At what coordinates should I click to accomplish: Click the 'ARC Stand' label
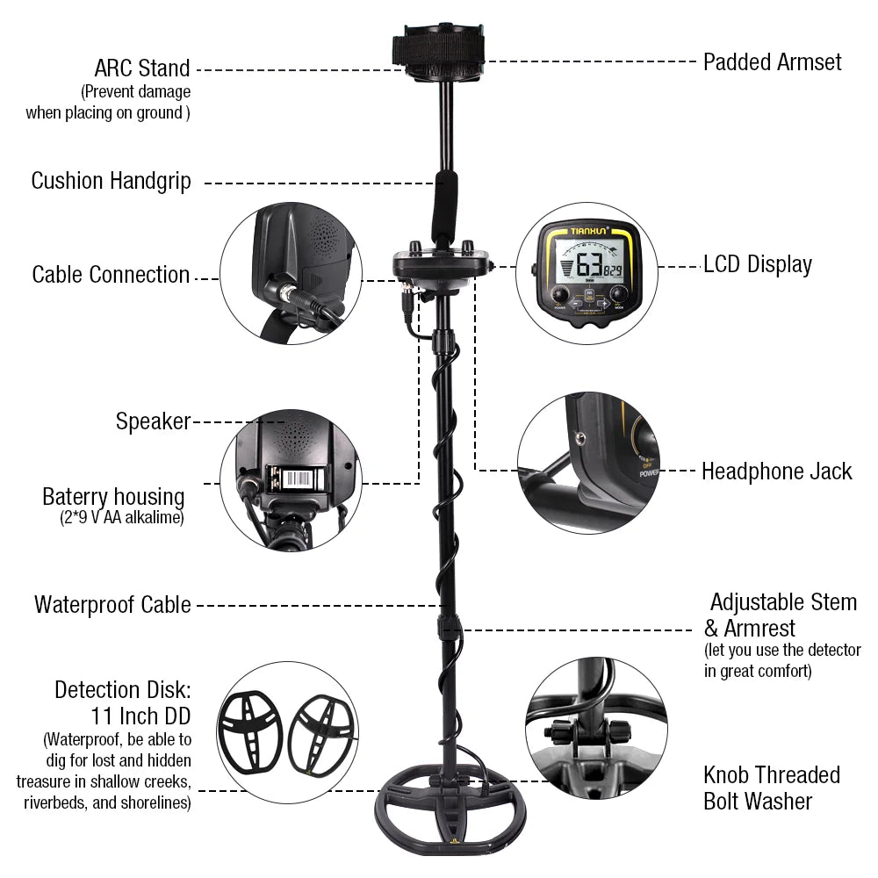coord(142,68)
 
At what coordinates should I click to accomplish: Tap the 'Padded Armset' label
coord(772,62)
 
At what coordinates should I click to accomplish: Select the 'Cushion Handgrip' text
coord(111,182)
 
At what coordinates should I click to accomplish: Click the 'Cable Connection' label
coord(111,275)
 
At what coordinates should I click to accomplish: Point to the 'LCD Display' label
coord(758,265)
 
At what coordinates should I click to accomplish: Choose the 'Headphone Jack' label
coord(776,471)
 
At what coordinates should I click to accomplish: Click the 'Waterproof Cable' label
coord(112,605)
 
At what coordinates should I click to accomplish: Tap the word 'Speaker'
coord(153,421)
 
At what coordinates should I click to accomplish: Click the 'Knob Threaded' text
coord(771,775)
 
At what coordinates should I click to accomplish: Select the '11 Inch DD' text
coord(140,716)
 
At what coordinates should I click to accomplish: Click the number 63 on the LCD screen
coord(588,265)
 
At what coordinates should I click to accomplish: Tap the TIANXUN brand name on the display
coord(590,233)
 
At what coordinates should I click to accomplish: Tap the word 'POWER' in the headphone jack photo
coord(650,471)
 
